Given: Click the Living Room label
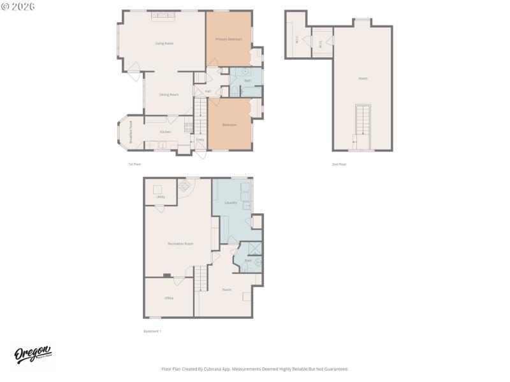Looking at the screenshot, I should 164,43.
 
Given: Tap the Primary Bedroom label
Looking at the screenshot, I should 228,39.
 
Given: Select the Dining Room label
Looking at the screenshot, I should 169,94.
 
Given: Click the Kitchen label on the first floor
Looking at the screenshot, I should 165,132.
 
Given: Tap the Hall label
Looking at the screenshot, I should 208,91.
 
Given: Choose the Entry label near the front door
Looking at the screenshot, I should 200,139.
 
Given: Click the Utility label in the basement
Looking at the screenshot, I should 161,197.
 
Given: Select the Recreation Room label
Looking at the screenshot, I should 180,244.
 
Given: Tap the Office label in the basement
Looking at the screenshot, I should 169,298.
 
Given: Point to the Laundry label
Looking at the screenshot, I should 231,203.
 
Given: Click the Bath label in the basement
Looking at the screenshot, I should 248,260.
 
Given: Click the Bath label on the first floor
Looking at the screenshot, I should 248,80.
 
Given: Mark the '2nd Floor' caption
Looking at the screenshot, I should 339,164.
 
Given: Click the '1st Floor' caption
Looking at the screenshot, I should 135,164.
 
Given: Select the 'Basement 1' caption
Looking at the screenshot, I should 152,331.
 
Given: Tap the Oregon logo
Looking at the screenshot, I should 33,355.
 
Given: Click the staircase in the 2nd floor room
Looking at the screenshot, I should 363,120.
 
